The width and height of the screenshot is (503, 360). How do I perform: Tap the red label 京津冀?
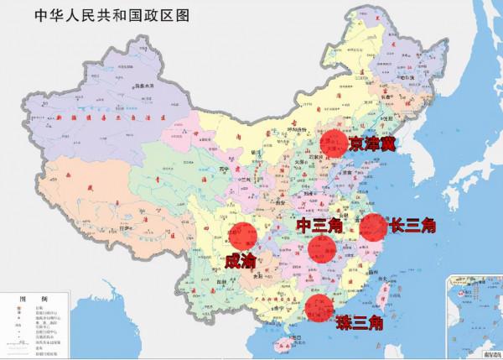tap(372, 143)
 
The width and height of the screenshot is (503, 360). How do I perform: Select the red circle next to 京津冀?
tap(334, 143)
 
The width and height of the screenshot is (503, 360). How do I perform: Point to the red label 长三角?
tap(413, 226)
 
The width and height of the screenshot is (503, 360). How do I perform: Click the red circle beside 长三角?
tap(374, 227)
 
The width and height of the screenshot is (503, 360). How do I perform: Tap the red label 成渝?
tap(241, 261)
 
